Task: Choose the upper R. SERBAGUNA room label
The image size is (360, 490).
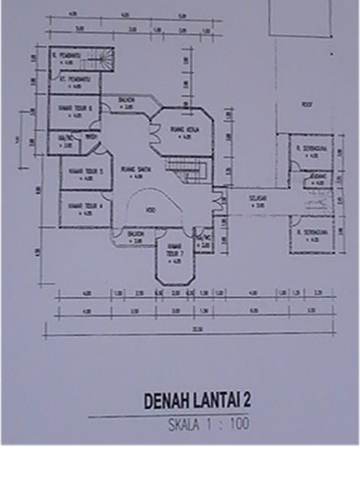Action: (310, 149)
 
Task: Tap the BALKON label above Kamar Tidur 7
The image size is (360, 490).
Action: (135, 233)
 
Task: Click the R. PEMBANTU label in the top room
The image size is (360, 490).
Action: (68, 56)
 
